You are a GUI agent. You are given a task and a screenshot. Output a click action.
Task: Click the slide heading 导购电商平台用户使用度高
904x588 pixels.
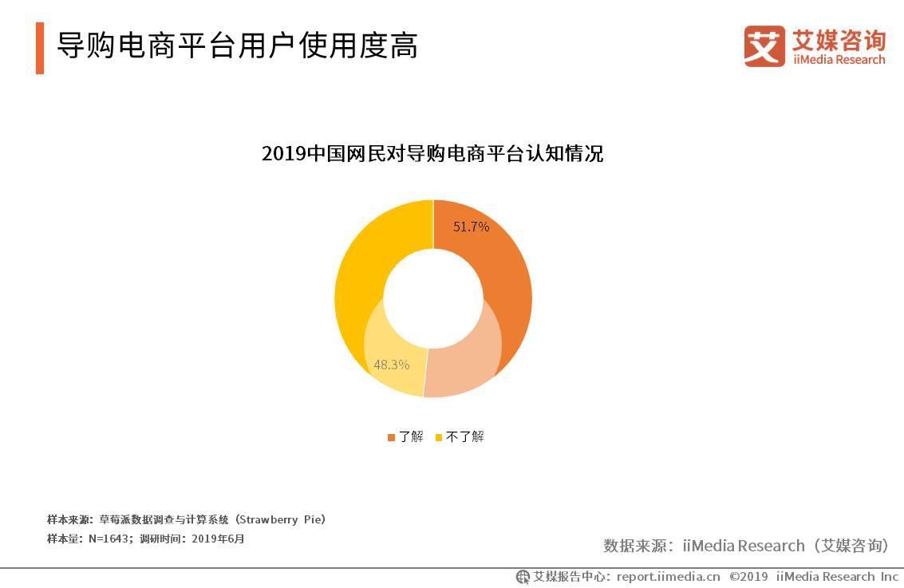tap(237, 46)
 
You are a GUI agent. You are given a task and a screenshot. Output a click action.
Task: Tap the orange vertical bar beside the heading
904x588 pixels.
tap(40, 48)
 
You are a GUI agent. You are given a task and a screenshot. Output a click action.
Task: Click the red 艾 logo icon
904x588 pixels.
tap(764, 45)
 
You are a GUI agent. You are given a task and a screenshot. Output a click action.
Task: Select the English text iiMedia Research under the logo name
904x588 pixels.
tap(839, 60)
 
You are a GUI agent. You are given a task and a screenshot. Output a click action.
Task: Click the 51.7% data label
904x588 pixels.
tap(471, 227)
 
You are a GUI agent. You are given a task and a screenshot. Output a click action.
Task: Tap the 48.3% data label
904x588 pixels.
tap(391, 365)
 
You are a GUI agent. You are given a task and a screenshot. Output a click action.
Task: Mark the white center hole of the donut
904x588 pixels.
tap(433, 298)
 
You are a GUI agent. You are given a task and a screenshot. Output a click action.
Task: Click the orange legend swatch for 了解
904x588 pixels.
tap(391, 437)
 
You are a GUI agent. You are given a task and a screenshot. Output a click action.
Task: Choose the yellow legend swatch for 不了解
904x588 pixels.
tap(439, 437)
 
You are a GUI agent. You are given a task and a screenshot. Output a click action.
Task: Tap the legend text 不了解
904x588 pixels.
tap(465, 436)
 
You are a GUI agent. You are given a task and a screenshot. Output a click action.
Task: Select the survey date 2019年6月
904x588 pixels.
tap(216, 539)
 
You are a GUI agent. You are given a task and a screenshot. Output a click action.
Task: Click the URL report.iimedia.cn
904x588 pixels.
tap(668, 576)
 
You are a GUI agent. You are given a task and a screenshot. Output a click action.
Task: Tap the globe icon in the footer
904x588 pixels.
tap(523, 576)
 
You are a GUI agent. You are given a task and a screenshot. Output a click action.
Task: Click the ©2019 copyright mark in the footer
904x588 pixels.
tap(748, 576)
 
